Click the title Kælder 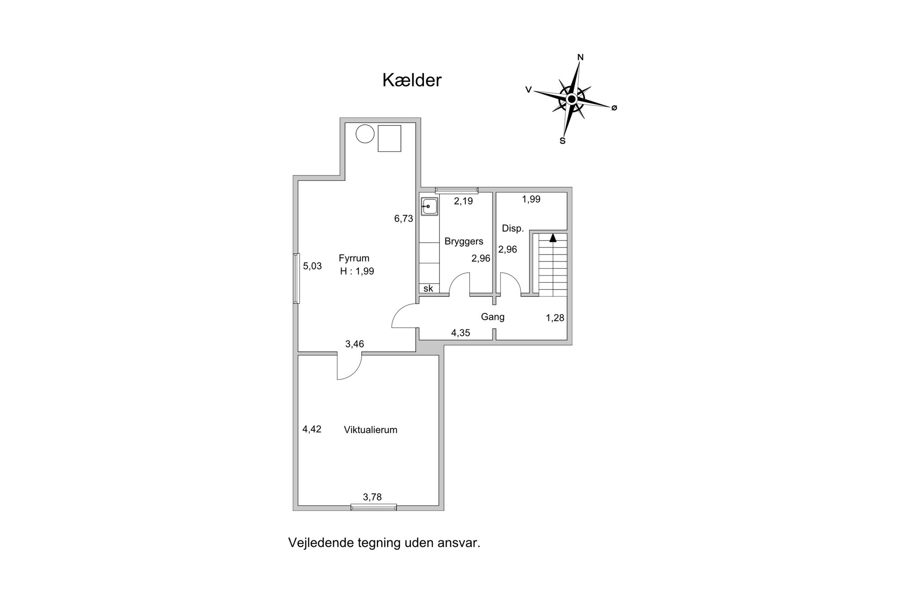[x=412, y=80]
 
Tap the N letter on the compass [x=580, y=57]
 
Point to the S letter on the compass [x=563, y=140]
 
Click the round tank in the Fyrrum [x=365, y=134]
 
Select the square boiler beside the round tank [x=390, y=139]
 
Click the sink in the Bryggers [x=429, y=206]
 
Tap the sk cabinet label [x=428, y=289]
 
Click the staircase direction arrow [x=553, y=238]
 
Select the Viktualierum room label [x=371, y=430]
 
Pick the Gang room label [x=492, y=317]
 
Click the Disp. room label [x=513, y=229]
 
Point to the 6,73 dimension [x=404, y=219]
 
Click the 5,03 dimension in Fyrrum [x=312, y=266]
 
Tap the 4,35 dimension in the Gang [x=461, y=333]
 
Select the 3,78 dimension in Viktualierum [x=372, y=497]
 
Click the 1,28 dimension [x=555, y=318]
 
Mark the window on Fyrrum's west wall [x=296, y=278]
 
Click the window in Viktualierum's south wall [x=374, y=507]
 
